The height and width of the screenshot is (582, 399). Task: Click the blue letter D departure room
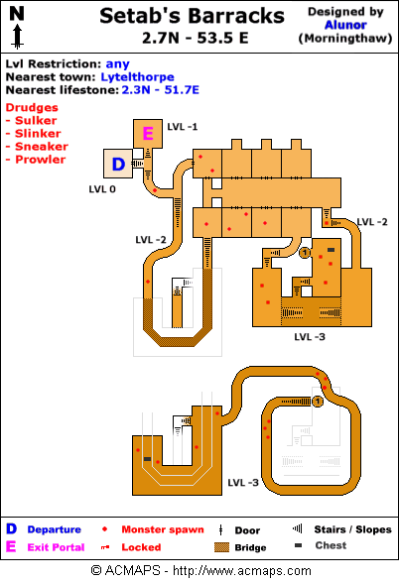118,164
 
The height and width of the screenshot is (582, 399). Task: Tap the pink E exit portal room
148,134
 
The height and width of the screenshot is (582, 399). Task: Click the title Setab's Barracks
193,16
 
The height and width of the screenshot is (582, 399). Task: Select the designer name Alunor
345,25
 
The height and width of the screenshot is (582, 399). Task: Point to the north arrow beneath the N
17,37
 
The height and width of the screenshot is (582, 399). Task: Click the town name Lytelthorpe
137,76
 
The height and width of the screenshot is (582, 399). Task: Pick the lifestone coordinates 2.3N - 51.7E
161,90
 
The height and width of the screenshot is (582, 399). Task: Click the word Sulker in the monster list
36,120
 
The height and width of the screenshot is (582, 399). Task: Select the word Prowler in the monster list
40,160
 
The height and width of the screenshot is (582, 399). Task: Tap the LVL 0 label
102,189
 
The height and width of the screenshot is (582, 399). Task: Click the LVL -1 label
183,127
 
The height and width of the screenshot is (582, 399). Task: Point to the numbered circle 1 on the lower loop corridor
318,402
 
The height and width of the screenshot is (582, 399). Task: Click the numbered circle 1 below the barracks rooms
305,253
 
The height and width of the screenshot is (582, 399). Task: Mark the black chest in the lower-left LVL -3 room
147,459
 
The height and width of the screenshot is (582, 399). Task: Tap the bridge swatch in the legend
221,547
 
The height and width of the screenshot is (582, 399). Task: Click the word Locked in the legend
141,547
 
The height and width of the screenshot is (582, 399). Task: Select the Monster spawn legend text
163,529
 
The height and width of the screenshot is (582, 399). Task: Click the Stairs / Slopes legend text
353,529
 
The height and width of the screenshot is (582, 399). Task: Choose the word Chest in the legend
331,545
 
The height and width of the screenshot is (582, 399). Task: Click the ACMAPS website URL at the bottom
242,570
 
